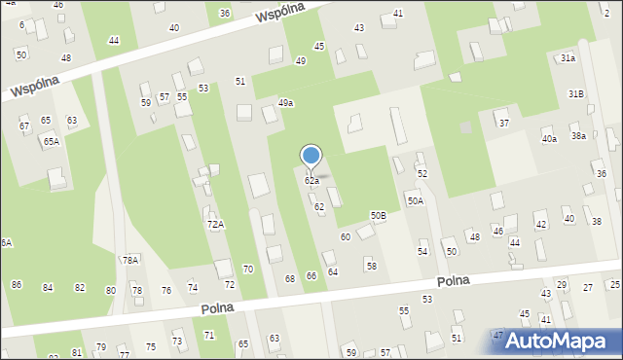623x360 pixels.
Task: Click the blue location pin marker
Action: coord(311,156)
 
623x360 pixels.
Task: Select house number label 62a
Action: coord(311,181)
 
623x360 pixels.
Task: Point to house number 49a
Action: coord(285,102)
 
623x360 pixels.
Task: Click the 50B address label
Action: coord(378,215)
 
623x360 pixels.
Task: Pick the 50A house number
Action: coord(415,201)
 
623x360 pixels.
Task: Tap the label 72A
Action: coord(215,224)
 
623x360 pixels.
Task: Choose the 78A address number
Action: coord(129,260)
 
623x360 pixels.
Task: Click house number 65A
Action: coord(51,141)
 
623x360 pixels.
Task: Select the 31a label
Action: coord(568,58)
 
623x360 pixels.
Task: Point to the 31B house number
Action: coord(576,93)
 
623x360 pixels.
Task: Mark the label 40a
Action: coord(550,139)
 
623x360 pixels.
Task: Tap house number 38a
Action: coord(578,136)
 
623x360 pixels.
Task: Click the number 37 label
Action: coord(504,123)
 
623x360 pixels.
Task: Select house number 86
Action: coord(17,284)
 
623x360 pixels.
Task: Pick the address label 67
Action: coord(24,126)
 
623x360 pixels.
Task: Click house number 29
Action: coord(562,284)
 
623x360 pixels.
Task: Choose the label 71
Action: coord(208,335)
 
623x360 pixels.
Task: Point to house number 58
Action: coord(371,266)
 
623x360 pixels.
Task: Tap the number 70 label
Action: coord(248,269)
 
